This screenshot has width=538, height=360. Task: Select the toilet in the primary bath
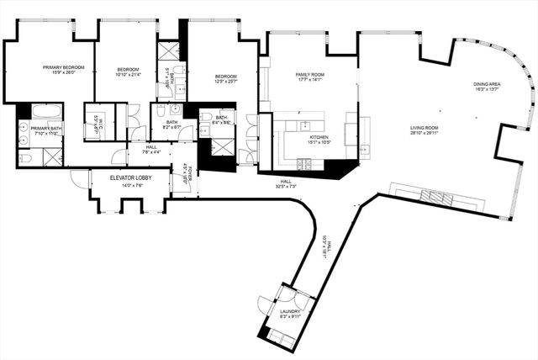point(24,157)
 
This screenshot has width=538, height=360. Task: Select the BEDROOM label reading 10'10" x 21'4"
point(127,71)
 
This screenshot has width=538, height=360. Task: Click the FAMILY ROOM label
point(309,77)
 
